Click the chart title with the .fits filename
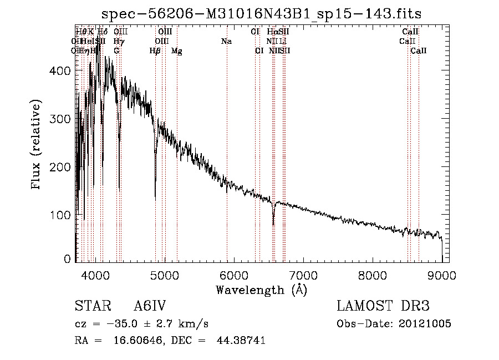click(x=266, y=14)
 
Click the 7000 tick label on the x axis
click(x=303, y=274)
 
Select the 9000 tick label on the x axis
click(x=441, y=274)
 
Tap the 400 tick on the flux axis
click(x=75, y=70)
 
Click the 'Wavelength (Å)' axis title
click(x=261, y=290)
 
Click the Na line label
click(x=226, y=42)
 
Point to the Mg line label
click(x=176, y=51)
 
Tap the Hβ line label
click(x=155, y=51)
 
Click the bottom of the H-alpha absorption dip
click(x=273, y=224)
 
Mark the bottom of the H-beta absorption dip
click(x=155, y=200)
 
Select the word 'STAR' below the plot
click(x=90, y=306)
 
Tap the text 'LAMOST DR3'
click(x=383, y=306)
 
